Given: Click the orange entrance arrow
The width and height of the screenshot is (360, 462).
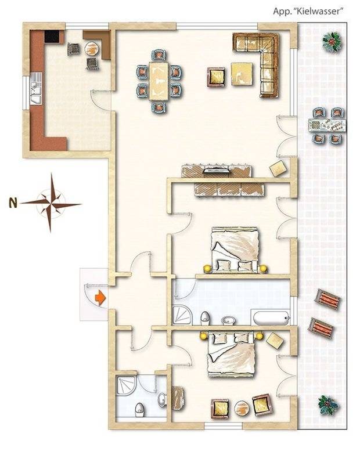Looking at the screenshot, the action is point(100,298).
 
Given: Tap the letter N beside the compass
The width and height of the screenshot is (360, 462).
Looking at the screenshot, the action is point(13,203).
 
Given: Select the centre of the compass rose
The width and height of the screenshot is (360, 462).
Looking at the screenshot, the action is point(51,203).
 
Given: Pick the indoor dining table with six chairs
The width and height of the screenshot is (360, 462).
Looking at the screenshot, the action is point(159,81).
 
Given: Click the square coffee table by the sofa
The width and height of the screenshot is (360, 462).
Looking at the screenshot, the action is point(242,74).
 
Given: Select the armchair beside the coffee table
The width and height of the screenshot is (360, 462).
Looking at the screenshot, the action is point(216,77).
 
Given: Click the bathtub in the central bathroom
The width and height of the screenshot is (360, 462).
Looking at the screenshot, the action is point(271,317).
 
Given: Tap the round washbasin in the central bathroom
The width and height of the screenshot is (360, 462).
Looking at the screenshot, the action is point(229,320).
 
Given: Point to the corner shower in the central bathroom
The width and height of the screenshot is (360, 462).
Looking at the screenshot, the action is point(182,316).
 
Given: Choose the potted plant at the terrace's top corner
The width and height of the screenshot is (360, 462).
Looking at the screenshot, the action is point(332,42).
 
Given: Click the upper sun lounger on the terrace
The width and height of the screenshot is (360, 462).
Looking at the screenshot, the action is point(328,299).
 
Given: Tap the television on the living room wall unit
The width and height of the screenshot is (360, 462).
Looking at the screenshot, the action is point(217,169).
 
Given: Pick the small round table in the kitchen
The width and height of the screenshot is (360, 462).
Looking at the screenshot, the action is point(92,49).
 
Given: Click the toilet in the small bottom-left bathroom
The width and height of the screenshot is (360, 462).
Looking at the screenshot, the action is point(139,410).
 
